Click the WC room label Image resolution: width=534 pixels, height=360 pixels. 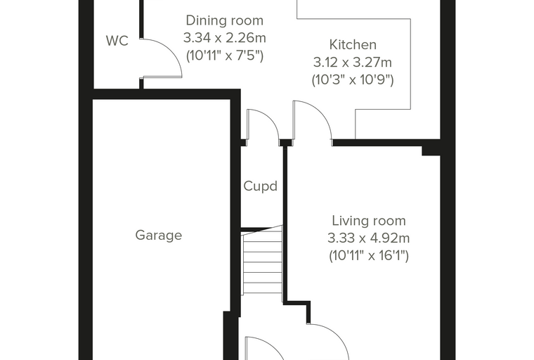117,41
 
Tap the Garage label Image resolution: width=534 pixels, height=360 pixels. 159,236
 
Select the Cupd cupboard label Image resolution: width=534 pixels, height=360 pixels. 261,186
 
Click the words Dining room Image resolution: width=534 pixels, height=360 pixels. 225,20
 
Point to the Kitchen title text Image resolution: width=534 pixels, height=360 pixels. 353,45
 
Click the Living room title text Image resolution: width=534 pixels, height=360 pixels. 369,221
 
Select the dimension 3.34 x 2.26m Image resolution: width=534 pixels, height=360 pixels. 225,38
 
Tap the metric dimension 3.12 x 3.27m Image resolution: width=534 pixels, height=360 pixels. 353,63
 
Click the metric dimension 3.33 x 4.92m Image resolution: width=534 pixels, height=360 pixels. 368,238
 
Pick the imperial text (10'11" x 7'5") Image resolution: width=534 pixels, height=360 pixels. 225,56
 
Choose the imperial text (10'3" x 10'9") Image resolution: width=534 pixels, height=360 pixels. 353,80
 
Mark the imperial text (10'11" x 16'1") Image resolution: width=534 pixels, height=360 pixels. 369,256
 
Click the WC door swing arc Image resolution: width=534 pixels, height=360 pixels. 170,51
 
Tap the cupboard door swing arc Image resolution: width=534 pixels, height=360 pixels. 271,119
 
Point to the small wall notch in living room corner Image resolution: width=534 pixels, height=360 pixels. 431,150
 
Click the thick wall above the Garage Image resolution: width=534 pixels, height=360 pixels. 167,94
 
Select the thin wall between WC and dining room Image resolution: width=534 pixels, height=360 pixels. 141,19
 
